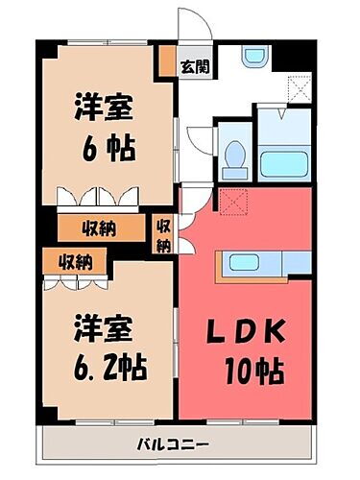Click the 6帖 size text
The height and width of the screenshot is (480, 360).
pyautogui.click(x=107, y=149)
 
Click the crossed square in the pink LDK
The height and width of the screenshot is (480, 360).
pyautogui.click(x=231, y=203)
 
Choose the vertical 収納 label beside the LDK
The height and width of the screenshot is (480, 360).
pyautogui.click(x=163, y=235)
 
